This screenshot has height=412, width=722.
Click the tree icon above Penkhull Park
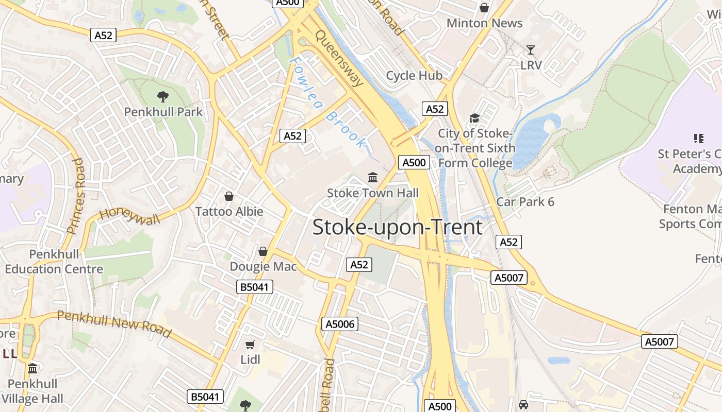click(x=162, y=96)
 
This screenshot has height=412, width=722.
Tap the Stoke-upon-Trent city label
click(x=397, y=227)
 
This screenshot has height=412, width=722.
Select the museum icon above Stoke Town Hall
click(x=372, y=178)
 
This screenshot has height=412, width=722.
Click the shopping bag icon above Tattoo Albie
click(x=229, y=196)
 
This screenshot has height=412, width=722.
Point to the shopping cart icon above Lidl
click(x=250, y=345)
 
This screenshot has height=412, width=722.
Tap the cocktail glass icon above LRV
click(x=530, y=50)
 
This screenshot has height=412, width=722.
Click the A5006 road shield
click(x=339, y=324)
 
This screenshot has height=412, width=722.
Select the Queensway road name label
click(x=339, y=58)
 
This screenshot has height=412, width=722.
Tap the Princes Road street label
click(x=75, y=196)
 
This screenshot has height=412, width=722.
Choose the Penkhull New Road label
click(x=114, y=324)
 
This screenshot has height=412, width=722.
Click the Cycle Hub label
click(x=414, y=76)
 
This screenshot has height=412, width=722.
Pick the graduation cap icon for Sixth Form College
click(x=474, y=118)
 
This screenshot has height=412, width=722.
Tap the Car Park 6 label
click(x=525, y=202)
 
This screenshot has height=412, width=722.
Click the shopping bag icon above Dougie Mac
click(x=263, y=251)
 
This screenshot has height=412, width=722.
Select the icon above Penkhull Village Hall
click(x=32, y=369)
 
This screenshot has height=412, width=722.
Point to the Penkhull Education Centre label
click(x=54, y=262)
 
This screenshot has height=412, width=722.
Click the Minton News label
click(x=484, y=23)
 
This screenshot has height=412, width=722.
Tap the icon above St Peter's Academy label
click(x=699, y=138)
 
